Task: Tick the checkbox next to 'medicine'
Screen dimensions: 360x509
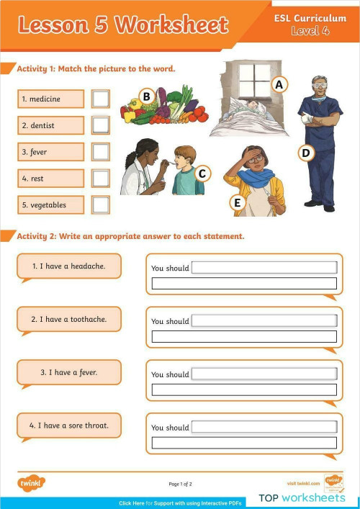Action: point(101,99)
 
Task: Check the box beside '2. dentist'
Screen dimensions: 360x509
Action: point(101,125)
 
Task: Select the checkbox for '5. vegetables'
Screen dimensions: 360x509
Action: point(101,204)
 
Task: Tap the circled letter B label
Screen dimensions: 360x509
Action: point(146,96)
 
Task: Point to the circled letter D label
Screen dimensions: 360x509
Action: point(306,153)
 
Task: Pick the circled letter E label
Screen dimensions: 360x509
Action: point(236,203)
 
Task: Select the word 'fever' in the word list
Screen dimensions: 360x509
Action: point(35,152)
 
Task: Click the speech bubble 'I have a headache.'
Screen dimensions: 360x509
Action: point(69,266)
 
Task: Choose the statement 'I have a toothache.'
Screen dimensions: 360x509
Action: point(69,319)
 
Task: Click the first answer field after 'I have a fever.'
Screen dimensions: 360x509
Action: point(264,374)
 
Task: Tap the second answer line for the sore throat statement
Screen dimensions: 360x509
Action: point(244,443)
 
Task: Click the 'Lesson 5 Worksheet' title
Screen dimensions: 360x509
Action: point(122,26)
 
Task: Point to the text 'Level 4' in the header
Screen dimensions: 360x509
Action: point(310,31)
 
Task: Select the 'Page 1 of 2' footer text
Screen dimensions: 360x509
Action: point(180,484)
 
